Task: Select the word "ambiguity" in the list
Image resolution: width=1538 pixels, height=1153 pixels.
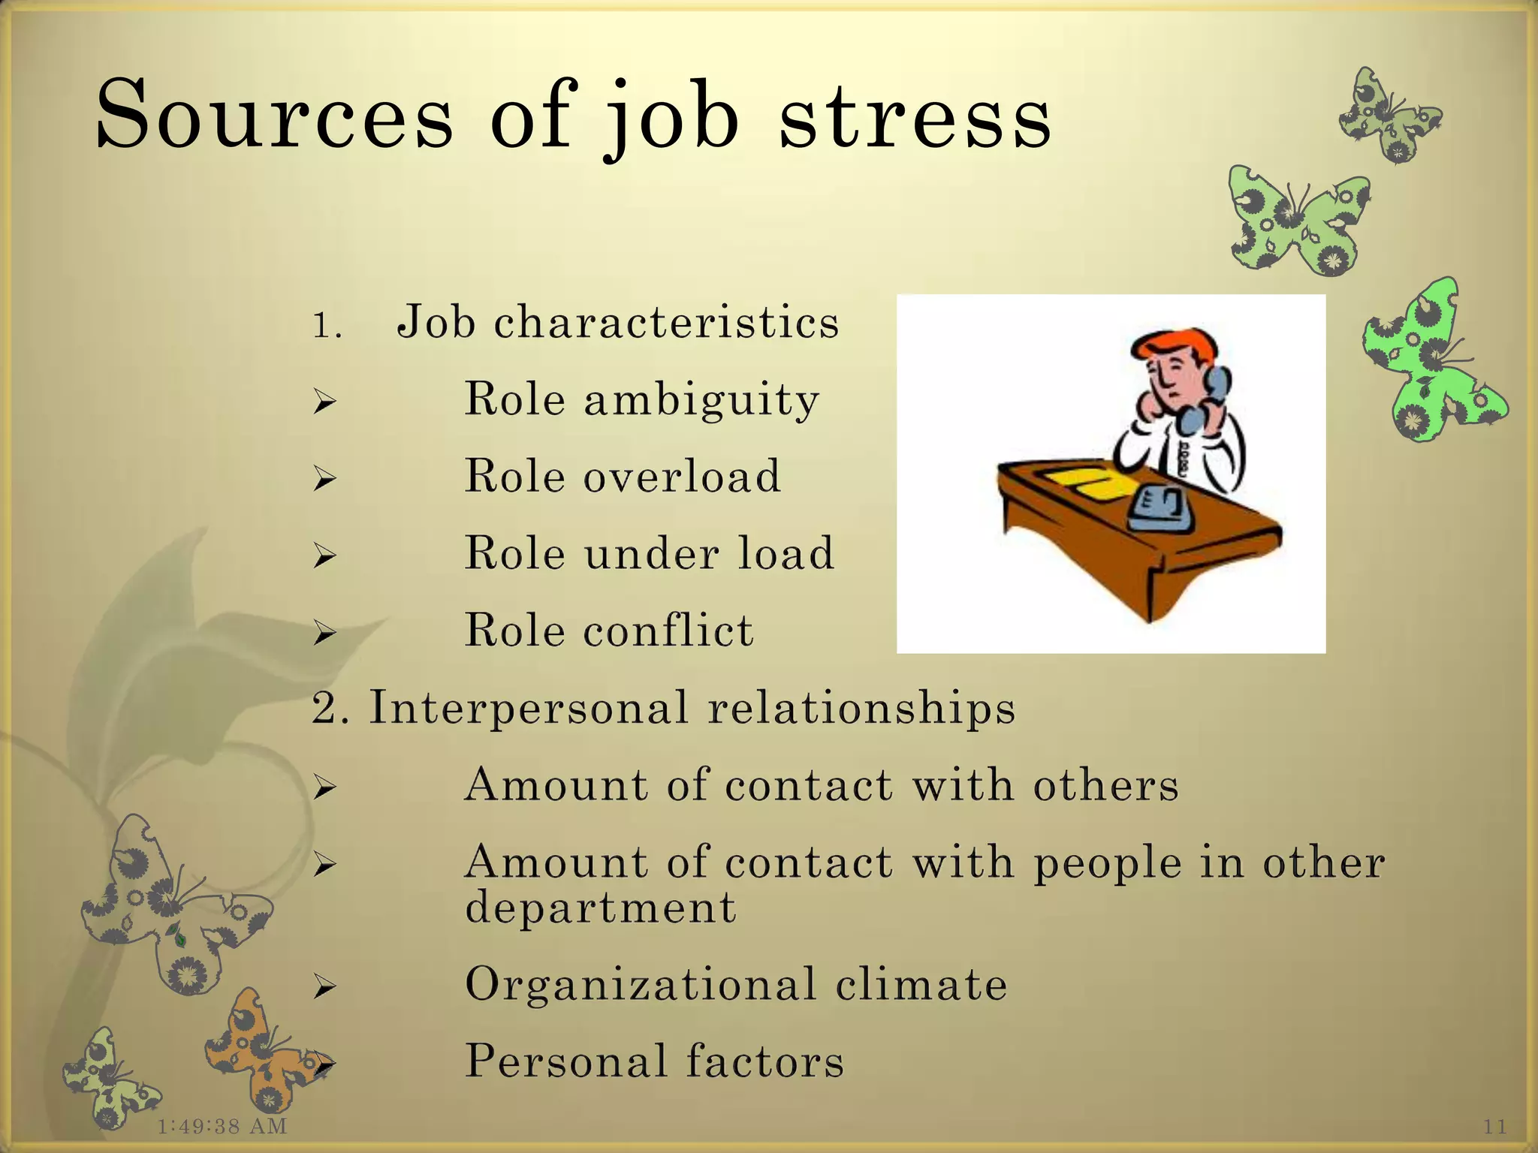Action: pyautogui.click(x=701, y=399)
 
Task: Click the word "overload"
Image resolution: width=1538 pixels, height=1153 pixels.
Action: pyautogui.click(x=683, y=476)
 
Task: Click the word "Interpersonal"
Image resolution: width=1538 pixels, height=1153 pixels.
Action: pyautogui.click(x=529, y=708)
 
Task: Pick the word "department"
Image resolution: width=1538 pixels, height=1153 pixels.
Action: pyautogui.click(x=600, y=908)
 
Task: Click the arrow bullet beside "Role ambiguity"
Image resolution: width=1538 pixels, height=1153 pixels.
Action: pyautogui.click(x=324, y=403)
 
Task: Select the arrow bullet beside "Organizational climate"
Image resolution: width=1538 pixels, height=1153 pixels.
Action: pyautogui.click(x=324, y=988)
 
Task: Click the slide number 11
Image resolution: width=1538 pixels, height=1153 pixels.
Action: pyautogui.click(x=1495, y=1126)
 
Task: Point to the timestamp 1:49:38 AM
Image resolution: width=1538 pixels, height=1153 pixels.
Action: pyautogui.click(x=222, y=1126)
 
